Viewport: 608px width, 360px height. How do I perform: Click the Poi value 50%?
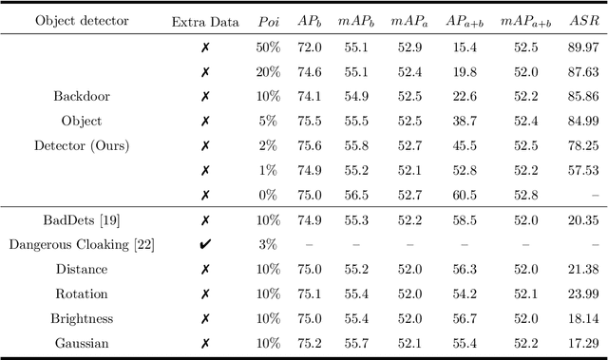point(269,47)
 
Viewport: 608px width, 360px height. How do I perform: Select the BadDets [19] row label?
point(81,219)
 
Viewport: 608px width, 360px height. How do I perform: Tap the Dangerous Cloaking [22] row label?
point(81,244)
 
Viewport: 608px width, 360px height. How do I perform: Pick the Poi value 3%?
point(269,244)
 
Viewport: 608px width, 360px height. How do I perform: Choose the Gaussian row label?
point(81,343)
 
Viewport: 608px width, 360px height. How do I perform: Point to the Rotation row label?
point(81,294)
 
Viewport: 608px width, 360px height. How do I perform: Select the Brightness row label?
point(81,318)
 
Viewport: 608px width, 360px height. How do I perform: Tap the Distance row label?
point(81,269)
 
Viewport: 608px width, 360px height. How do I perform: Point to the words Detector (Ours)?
point(81,145)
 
